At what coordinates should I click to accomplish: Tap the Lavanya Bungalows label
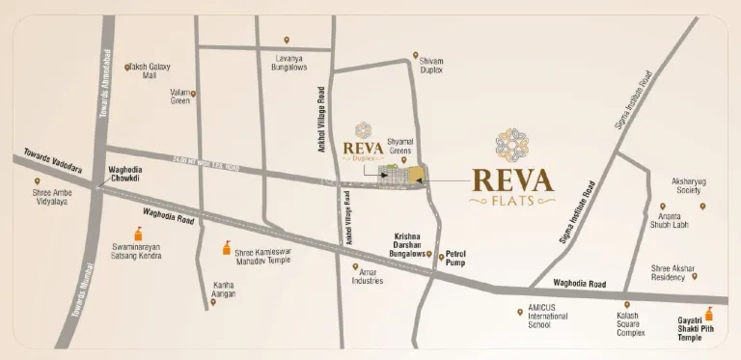point(287,62)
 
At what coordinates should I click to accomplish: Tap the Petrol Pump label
point(456,259)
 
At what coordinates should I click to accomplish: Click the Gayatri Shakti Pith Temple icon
point(710,313)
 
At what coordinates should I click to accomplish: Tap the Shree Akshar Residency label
point(673,272)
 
